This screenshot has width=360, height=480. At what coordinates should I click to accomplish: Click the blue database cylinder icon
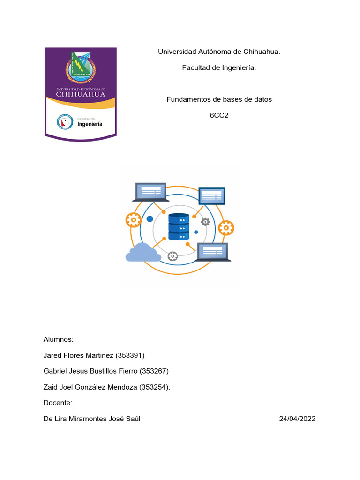point(179,227)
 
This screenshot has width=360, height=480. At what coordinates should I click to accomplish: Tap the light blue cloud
point(143,253)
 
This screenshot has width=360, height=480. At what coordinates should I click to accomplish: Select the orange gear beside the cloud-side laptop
point(134,219)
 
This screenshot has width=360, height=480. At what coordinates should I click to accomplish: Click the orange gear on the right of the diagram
point(226,228)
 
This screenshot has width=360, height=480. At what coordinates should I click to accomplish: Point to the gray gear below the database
point(172,256)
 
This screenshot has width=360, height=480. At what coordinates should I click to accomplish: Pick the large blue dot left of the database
point(150,219)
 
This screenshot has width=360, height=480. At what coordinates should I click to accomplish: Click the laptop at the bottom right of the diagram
point(213,252)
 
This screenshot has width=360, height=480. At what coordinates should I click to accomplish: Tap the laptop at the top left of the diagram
point(150,192)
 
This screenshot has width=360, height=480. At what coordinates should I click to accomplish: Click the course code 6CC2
point(219,115)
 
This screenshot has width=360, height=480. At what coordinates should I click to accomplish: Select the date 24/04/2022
point(297,419)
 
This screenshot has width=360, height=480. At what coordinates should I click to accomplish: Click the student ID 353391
point(130,355)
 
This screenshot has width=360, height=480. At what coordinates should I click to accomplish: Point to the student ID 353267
point(154,371)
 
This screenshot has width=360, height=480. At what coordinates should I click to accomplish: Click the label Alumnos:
point(59,339)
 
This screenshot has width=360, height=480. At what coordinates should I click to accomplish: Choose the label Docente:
point(58,403)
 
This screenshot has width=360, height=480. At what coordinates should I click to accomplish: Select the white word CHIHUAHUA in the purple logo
point(81,94)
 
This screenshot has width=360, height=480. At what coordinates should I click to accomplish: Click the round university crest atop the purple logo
point(81,67)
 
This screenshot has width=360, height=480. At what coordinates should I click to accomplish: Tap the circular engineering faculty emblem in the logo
point(65,122)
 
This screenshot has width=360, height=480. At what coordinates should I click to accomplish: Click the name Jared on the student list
point(52,355)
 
